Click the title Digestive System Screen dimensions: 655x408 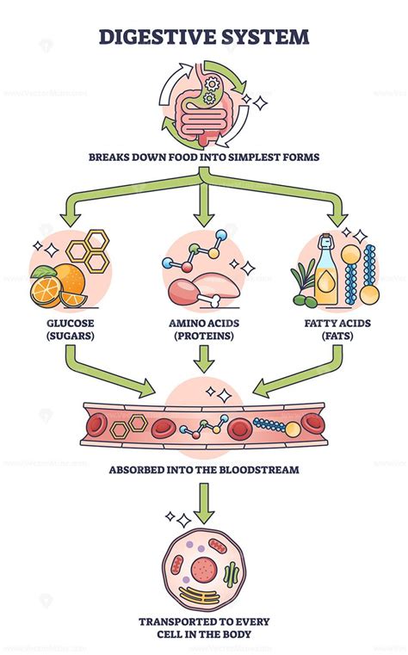pyautogui.click(x=204, y=36)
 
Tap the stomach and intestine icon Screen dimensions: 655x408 pyautogui.click(x=203, y=108)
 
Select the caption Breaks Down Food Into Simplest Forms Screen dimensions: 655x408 pyautogui.click(x=204, y=157)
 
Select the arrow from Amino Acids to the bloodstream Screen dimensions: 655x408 pyautogui.click(x=204, y=359)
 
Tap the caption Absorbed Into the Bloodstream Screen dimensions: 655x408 pyautogui.click(x=204, y=471)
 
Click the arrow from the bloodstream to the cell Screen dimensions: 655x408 pyautogui.click(x=204, y=504)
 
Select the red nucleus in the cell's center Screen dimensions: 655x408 pyautogui.click(x=205, y=568)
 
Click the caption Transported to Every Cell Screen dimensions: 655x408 pyautogui.click(x=204, y=628)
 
